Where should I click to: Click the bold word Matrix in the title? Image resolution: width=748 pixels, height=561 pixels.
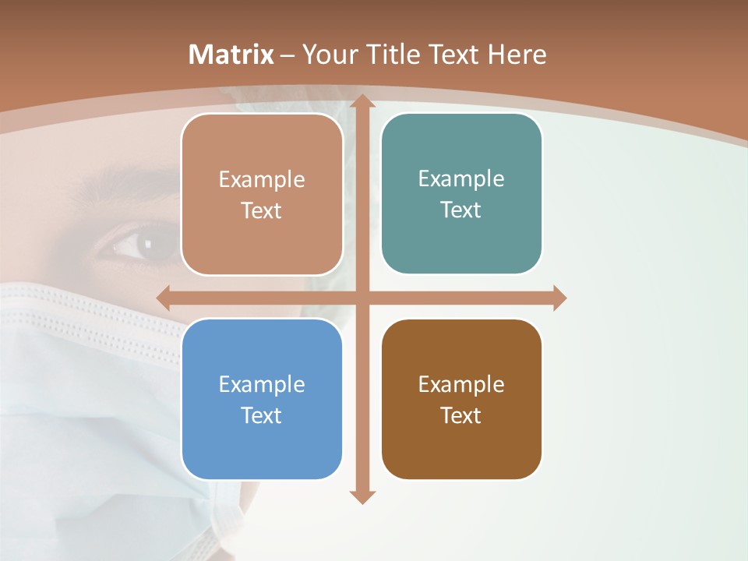(x=231, y=55)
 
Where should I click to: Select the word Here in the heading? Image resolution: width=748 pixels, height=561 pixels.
(x=517, y=55)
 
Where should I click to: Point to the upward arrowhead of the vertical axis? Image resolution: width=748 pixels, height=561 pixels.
(x=362, y=102)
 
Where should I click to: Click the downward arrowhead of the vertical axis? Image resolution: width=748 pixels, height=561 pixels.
(x=362, y=496)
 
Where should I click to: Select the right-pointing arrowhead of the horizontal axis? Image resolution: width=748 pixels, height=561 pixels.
(x=559, y=298)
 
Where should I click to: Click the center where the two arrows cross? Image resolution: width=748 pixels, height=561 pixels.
(x=362, y=298)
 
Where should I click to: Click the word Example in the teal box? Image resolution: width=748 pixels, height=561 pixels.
(x=461, y=179)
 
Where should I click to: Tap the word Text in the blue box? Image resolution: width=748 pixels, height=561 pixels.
(x=262, y=415)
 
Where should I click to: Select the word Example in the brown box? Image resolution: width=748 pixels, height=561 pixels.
(x=461, y=384)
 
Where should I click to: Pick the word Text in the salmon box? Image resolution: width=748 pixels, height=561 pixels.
(x=262, y=210)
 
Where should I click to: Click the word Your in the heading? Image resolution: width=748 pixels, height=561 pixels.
(x=328, y=55)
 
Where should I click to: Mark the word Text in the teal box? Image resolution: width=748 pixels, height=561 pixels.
(x=461, y=210)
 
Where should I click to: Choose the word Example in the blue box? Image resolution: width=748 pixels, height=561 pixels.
(x=262, y=384)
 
